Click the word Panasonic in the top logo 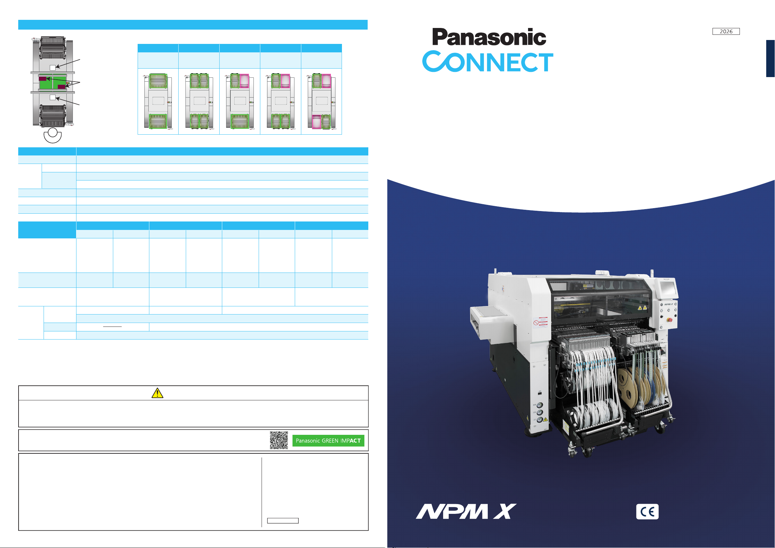pos(489,37)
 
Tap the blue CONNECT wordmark pos(488,61)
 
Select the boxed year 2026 pos(726,31)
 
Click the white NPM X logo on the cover pos(466,511)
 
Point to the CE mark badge pos(647,512)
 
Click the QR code pos(279,440)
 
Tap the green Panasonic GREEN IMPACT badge pos(328,441)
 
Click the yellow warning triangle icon pos(157,393)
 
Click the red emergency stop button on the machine pos(670,320)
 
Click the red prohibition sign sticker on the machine pos(536,323)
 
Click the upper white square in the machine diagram pos(53,68)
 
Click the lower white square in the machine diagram pos(53,98)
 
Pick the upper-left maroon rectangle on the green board pos(43,79)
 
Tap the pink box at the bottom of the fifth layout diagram pos(316,122)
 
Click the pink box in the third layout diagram pos(244,81)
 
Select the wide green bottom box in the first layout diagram pos(158,121)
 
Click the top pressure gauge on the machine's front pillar pos(540,405)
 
